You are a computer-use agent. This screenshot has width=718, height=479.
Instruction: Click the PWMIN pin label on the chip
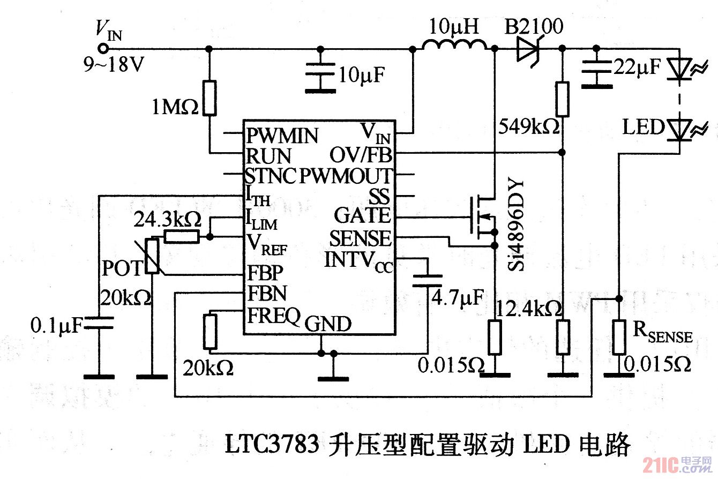[x=281, y=136]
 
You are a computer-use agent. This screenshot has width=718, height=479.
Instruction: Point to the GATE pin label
[x=362, y=216]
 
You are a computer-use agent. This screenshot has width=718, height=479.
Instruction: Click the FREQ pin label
[x=273, y=316]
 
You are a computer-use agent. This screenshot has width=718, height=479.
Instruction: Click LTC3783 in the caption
[x=271, y=444]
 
